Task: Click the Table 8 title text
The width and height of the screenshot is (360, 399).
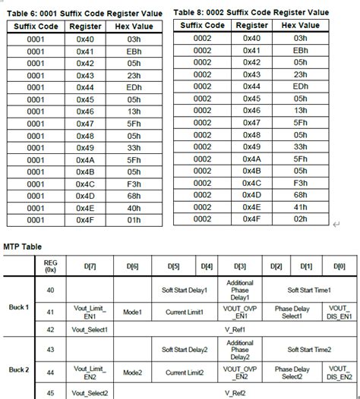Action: (x=251, y=11)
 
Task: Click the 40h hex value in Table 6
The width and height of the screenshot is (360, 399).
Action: (x=133, y=208)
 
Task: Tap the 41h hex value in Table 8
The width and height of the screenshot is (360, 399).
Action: (x=299, y=206)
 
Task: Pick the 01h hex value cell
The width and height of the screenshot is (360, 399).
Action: (x=133, y=220)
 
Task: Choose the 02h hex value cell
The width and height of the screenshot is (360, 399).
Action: (x=299, y=218)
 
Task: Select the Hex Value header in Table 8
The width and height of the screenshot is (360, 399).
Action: (x=299, y=25)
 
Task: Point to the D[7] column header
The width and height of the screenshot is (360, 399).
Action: (x=90, y=266)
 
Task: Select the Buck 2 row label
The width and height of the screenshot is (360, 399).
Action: (x=18, y=370)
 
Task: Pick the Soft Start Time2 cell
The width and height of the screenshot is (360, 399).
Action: (x=308, y=350)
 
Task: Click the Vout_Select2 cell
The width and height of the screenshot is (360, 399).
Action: (x=90, y=392)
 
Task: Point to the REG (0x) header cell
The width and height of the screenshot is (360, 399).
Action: (x=52, y=266)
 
